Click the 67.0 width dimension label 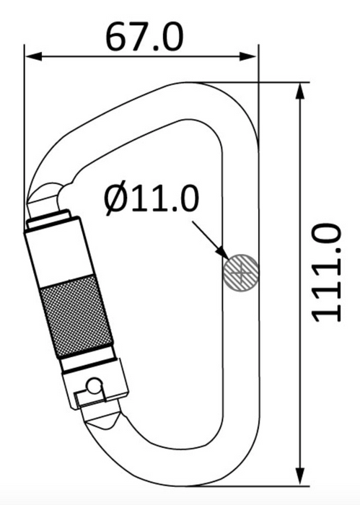[144, 37]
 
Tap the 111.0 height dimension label [326, 273]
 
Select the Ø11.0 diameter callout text [151, 199]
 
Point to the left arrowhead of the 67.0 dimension [33, 57]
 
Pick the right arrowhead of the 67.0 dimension [249, 57]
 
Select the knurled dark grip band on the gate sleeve [76, 316]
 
